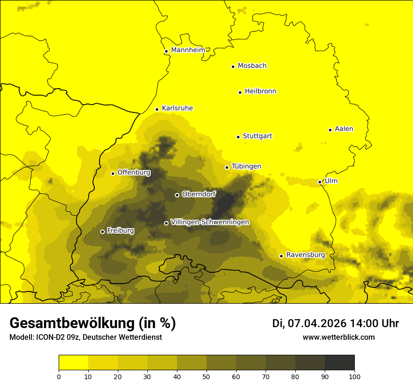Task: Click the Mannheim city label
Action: coord(188,50)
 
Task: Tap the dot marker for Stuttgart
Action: coord(238,137)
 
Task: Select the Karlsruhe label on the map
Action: coord(177,108)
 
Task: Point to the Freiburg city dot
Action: coord(102,232)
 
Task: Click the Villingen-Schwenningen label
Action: coord(210,222)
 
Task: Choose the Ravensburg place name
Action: coord(305,255)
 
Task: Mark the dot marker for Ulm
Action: coord(320,182)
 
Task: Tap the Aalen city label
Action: coord(344,129)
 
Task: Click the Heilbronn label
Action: coord(260,91)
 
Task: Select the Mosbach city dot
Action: coord(233,67)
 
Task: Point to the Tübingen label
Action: coord(246,166)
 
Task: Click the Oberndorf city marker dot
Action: coord(177,195)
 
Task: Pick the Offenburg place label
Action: coord(134,172)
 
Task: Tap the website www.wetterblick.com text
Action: coord(338,337)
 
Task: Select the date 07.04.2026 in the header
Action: coord(317,323)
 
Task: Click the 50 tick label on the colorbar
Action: coord(206,376)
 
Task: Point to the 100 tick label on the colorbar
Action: coord(354,376)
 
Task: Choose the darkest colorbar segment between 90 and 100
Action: coord(339,362)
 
